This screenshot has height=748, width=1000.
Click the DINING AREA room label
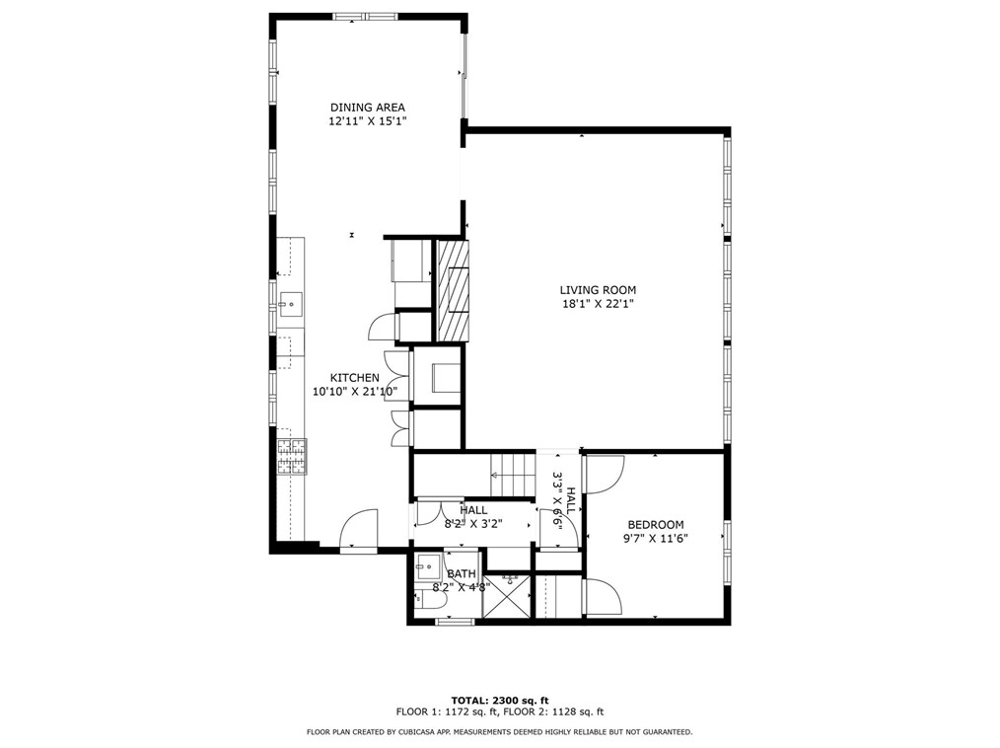point(367,108)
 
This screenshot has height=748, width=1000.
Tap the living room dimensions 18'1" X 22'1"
point(598,305)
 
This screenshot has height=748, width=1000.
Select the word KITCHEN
point(355,378)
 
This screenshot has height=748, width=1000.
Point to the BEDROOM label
point(656,525)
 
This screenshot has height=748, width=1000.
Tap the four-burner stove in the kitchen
point(292,456)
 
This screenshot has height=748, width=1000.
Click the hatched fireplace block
point(452,290)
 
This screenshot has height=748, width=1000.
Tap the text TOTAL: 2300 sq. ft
point(500,700)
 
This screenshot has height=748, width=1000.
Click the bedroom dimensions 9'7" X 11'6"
point(656,538)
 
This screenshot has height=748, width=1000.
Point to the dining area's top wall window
point(365,17)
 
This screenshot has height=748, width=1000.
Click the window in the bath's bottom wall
point(455,621)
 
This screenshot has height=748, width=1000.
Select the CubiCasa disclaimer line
point(500,732)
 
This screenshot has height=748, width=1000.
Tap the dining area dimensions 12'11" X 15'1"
point(367,120)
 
